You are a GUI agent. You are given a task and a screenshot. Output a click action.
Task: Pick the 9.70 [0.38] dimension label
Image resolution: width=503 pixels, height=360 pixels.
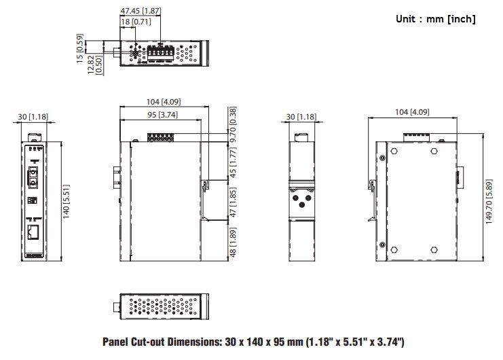coord(233,124)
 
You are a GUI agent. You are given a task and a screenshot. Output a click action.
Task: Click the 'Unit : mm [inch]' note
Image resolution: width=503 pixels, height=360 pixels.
coord(435,19)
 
